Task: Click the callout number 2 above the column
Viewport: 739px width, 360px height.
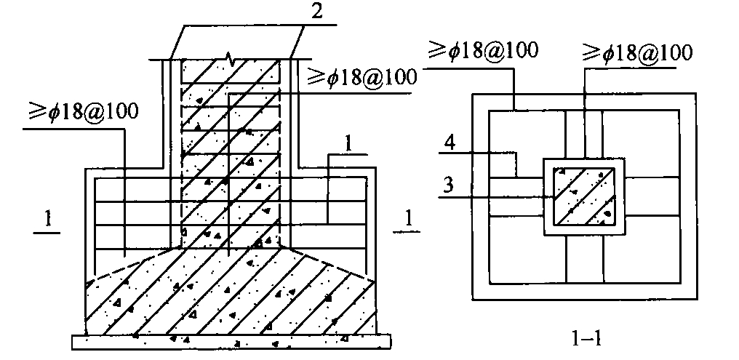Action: point(317,11)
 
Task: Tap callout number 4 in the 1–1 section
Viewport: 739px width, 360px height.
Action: point(450,143)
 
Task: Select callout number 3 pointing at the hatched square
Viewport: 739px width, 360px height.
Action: point(448,185)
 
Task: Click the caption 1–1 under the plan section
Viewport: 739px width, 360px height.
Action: point(586,338)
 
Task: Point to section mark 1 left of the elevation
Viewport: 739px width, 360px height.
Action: point(48,220)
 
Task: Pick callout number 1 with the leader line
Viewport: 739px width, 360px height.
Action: point(348,145)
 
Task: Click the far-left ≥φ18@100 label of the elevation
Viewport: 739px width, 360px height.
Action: point(83,113)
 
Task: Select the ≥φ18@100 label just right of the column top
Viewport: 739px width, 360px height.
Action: point(362,77)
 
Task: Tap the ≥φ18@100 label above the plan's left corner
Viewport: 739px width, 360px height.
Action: point(483,50)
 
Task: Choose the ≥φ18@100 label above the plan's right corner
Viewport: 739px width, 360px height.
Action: point(637,52)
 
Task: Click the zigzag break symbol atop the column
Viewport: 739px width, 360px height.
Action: point(230,60)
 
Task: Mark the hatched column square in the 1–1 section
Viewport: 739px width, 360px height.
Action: point(584,196)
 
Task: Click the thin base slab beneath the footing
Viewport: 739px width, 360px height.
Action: point(231,342)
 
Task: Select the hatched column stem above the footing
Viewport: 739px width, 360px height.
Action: point(231,153)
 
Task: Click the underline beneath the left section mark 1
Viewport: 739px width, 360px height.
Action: point(47,232)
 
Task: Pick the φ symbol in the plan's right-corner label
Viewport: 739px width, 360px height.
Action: point(609,53)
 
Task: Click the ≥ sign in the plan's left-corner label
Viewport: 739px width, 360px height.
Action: point(437,49)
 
